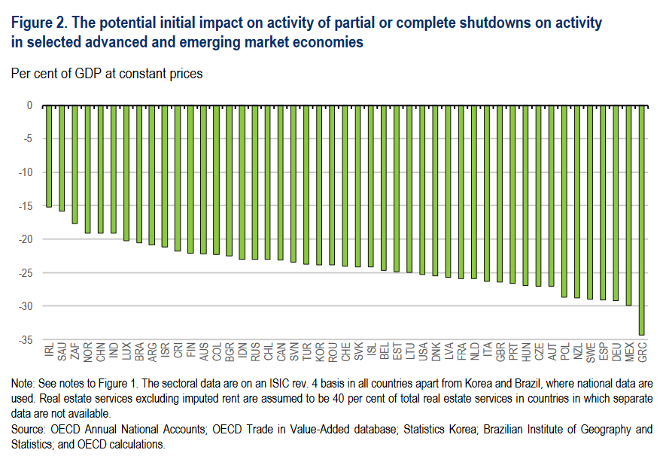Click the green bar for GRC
pos(642,220)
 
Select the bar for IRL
pos(49,156)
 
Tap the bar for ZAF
pos(75,164)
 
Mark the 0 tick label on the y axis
pos(29,105)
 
